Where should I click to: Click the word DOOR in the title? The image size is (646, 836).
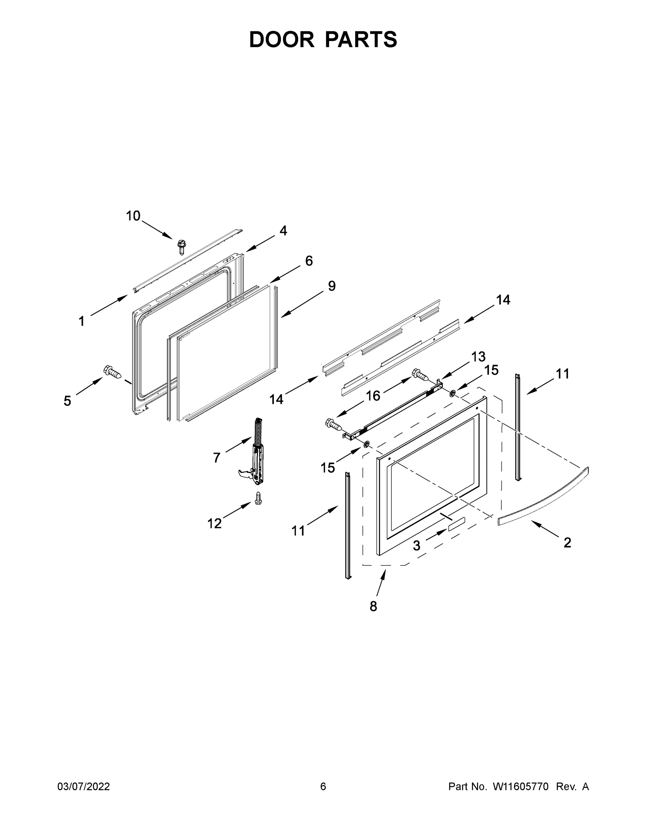[282, 39]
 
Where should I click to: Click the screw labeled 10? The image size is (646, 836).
[181, 247]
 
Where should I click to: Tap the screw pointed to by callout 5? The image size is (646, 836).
[112, 371]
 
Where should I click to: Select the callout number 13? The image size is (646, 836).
[478, 356]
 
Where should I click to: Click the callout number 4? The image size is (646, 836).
[283, 231]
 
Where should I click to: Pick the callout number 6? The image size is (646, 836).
[309, 261]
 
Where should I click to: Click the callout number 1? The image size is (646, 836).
[81, 321]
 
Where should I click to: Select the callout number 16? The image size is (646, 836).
[373, 396]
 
